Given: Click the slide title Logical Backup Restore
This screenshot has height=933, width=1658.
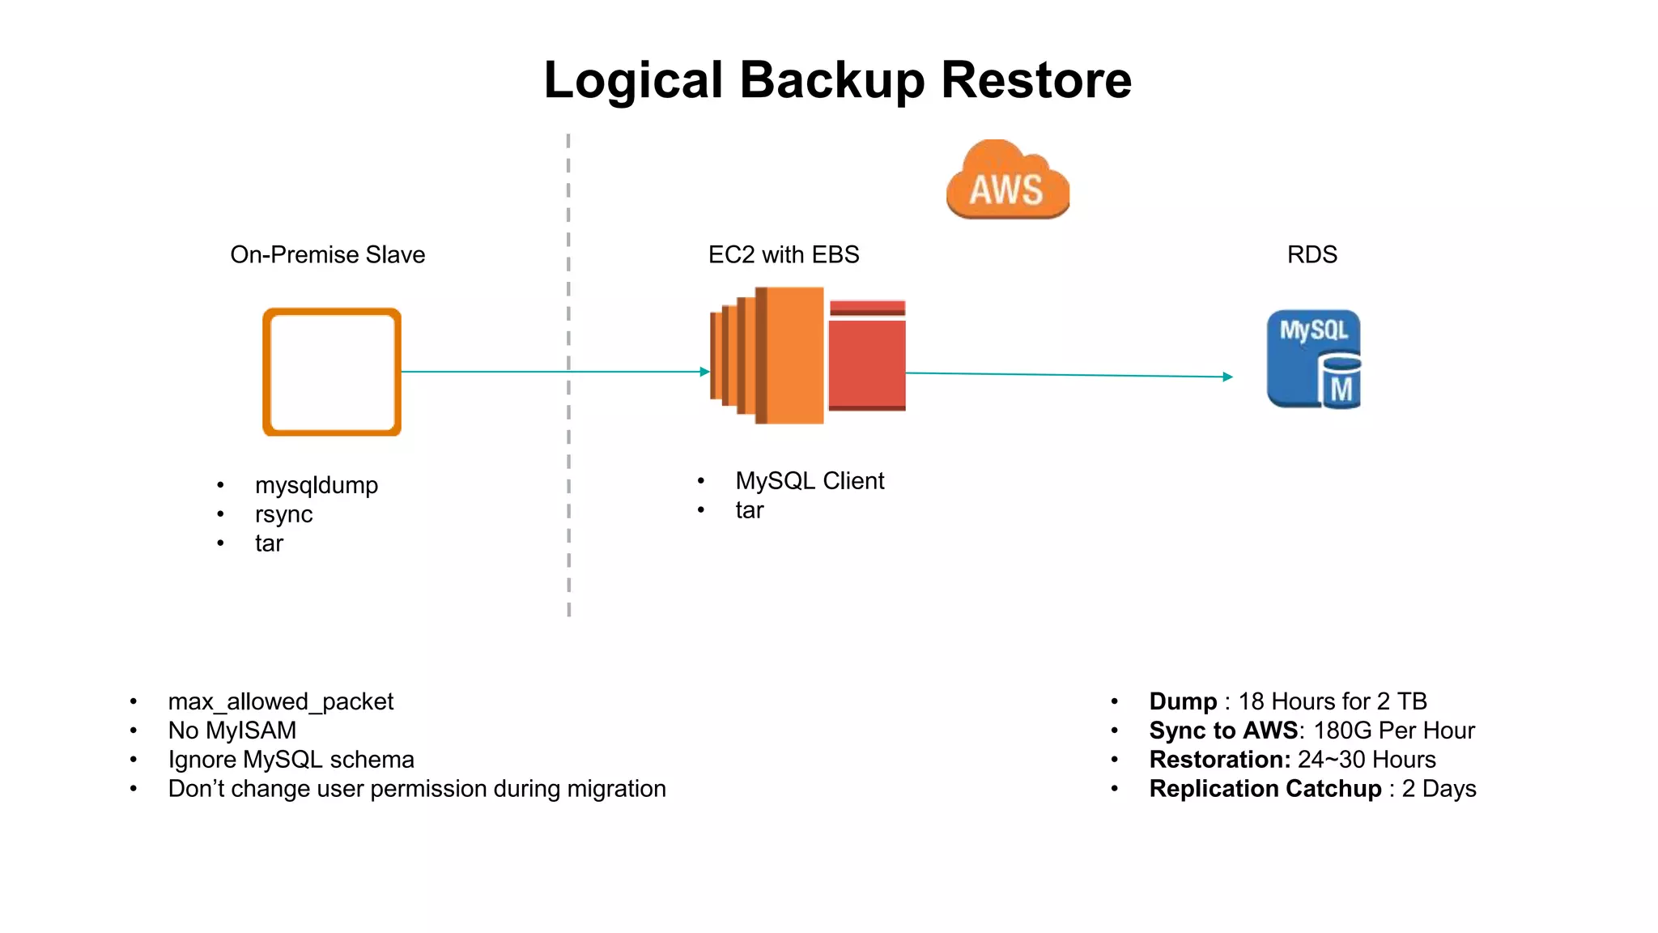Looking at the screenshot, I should point(837,80).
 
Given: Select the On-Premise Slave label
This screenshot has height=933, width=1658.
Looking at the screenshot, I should point(327,254).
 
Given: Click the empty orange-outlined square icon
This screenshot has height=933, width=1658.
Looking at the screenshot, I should point(332,372).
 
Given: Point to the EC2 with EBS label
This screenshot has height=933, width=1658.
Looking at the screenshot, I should point(783,254).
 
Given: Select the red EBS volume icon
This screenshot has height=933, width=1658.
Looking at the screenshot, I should point(867,356).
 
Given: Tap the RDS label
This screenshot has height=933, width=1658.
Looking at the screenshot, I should point(1312,254).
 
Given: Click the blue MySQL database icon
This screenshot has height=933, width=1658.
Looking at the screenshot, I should point(1312,359).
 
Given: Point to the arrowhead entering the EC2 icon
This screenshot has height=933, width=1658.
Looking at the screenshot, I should point(705,372).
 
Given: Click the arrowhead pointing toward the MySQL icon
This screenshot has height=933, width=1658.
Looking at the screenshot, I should point(1227,377).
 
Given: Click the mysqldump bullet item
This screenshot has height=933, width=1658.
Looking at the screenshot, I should point(316,485).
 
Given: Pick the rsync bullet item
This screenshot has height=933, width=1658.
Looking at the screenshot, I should point(283,514).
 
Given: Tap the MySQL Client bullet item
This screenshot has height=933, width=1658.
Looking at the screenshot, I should point(809,481).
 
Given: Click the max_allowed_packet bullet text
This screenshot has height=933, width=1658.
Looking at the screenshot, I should point(280,701).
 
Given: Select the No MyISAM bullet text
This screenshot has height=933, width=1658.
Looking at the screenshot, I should point(232,731).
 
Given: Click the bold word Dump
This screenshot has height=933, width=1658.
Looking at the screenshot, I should point(1182,701).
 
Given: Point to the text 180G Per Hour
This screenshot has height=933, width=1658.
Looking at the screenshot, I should point(1393,731).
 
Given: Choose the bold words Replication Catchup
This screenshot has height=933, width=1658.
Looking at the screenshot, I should point(1265,789).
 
